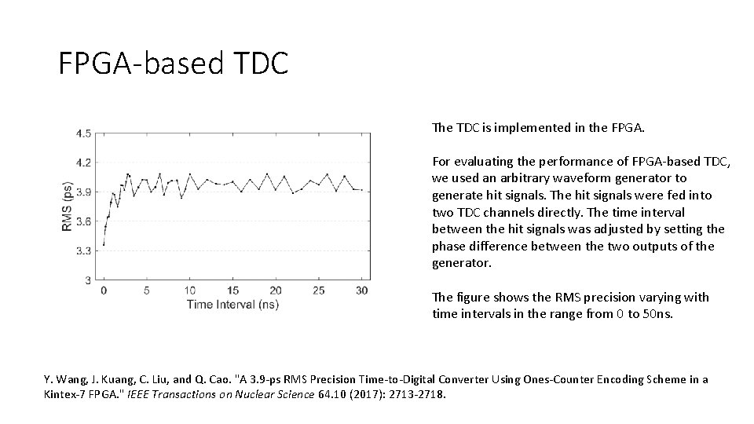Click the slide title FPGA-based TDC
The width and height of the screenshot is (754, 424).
174,63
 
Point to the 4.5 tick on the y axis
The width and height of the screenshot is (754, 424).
82,133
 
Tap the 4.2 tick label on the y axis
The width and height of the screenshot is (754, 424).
82,163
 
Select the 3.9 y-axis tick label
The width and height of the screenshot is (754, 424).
82,192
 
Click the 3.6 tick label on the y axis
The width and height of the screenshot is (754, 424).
82,221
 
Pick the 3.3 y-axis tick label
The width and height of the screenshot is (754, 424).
82,250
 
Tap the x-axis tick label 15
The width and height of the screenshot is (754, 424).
232,291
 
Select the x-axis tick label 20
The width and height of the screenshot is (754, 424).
275,291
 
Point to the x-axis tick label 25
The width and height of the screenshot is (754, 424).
318,291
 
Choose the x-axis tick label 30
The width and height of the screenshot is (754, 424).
361,291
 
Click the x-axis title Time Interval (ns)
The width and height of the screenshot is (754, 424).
232,304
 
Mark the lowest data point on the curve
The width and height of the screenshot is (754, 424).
104,244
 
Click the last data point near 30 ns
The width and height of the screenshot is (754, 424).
361,189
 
